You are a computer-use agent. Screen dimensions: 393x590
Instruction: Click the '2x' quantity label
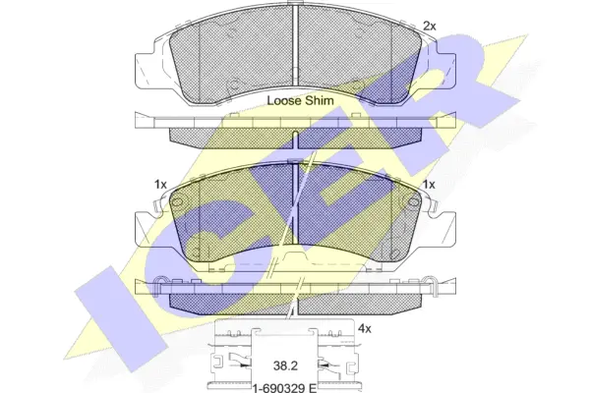pos(428,25)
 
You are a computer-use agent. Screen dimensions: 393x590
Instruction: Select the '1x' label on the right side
pos(428,184)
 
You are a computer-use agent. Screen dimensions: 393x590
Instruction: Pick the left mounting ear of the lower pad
pos(147,226)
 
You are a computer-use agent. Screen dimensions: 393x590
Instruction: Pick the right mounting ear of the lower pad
pos(447,226)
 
